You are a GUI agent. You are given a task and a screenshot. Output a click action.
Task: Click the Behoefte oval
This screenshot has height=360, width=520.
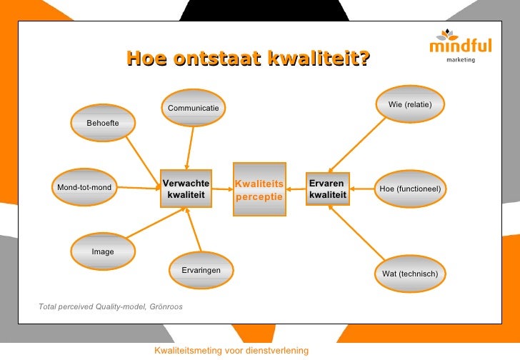point(103,124)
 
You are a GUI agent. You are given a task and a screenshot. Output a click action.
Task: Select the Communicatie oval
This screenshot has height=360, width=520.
point(193,108)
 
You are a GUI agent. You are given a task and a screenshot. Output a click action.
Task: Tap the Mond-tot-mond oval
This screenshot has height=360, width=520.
point(84,188)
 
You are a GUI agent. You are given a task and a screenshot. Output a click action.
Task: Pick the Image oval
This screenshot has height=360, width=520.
point(103,251)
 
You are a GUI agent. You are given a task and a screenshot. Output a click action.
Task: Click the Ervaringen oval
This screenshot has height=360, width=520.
point(201,270)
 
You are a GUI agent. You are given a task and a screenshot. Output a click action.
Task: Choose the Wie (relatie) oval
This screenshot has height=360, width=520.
point(410,105)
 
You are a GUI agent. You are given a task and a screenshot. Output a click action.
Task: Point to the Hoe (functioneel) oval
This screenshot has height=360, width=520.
point(410,189)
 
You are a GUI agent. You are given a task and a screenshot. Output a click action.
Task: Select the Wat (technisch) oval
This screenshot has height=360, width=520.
point(410,274)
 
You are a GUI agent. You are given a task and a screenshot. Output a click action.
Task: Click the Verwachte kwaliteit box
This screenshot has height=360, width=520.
point(186,189)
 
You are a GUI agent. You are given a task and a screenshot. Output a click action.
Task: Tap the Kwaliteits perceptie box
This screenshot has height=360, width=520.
point(259,189)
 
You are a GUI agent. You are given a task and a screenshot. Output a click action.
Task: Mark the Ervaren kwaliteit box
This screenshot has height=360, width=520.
point(328,189)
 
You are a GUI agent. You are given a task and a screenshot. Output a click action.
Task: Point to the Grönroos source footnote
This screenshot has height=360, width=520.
point(111,306)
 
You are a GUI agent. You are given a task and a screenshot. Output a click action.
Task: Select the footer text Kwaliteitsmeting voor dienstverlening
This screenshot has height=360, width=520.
point(231,350)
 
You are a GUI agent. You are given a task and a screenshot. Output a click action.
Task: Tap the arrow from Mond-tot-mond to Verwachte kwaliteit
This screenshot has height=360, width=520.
point(136,189)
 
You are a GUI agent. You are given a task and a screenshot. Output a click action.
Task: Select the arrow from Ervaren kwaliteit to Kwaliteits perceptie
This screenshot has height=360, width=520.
point(296,190)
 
